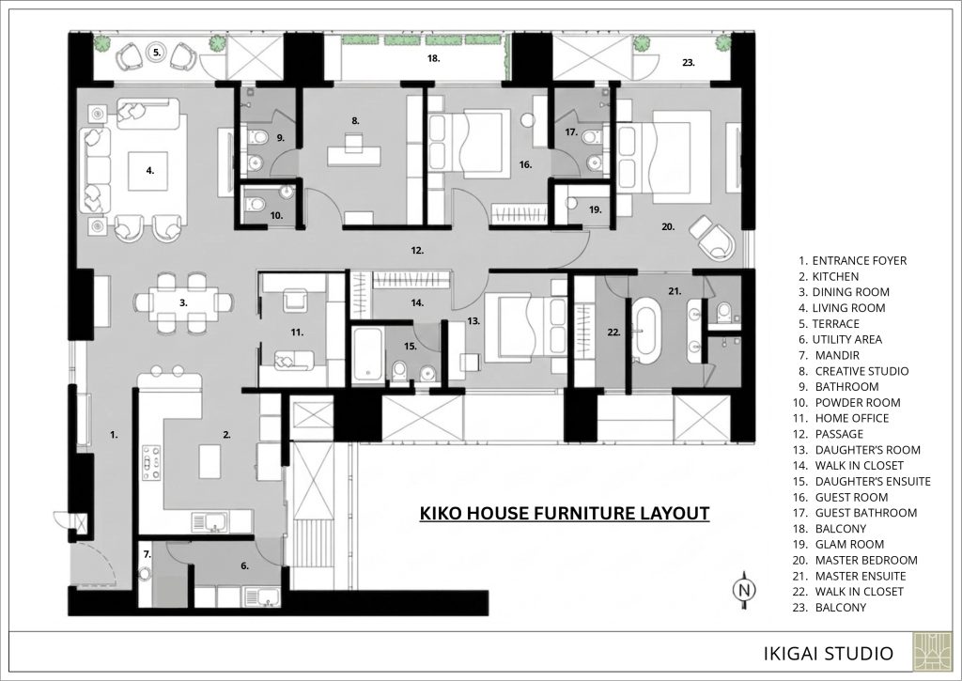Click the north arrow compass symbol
tap(745, 590)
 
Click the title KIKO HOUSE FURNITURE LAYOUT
tap(565, 513)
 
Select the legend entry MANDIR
tap(837, 355)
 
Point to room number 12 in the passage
tap(417, 250)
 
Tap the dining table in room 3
tap(183, 302)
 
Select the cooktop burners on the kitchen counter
tap(151, 462)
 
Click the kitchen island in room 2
tap(209, 461)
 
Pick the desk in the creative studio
tap(354, 154)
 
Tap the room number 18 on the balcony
tap(434, 59)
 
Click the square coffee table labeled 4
tap(149, 172)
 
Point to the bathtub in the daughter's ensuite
tap(368, 355)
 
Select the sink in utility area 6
tap(262, 597)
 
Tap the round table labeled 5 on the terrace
tap(157, 53)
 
